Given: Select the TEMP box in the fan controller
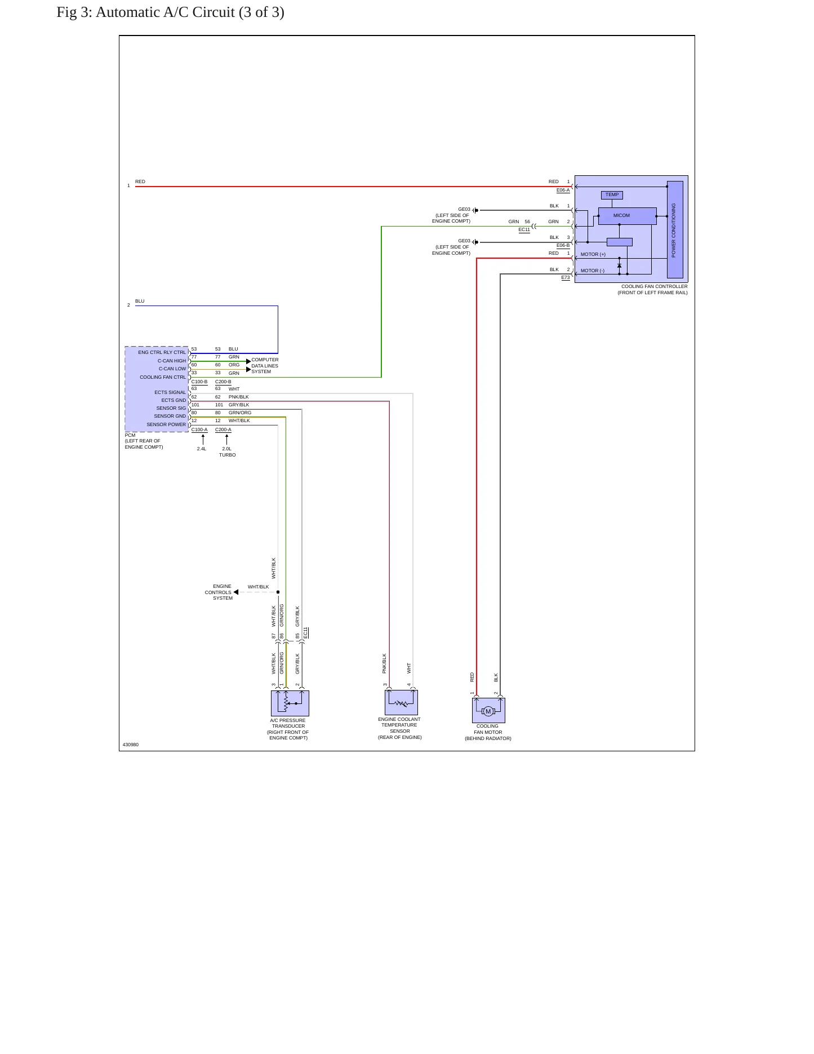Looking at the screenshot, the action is tap(612, 195).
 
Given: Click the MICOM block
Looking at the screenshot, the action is tap(627, 216).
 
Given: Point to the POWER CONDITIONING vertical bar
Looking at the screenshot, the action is tap(675, 230).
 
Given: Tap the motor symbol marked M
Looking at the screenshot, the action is tap(488, 711).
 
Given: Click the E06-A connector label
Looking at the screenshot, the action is tap(563, 191).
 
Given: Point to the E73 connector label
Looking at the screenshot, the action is tap(565, 278).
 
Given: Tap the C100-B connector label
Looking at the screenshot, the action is tap(199, 382).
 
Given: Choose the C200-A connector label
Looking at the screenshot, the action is tap(223, 430).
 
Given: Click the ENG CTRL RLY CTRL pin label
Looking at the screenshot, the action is tap(162, 353).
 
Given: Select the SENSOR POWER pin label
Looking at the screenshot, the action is tap(166, 425).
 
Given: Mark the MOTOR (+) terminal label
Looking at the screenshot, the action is tap(593, 255).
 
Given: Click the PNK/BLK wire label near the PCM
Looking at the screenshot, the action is tap(238, 397).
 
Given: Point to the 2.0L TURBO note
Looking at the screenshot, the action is tap(227, 452).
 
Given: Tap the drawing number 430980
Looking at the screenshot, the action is tap(131, 745).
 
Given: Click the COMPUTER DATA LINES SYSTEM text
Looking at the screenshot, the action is tap(265, 366).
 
